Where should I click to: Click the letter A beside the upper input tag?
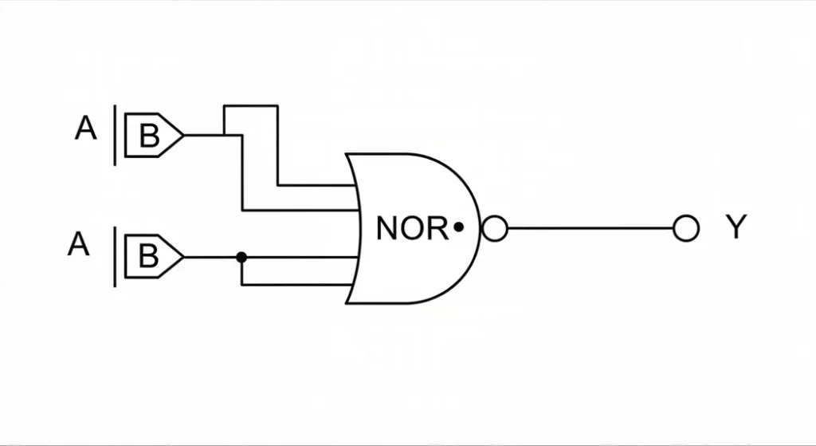tap(86, 128)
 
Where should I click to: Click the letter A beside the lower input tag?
tap(79, 245)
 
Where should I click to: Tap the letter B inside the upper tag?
tap(149, 136)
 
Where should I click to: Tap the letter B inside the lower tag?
tap(149, 257)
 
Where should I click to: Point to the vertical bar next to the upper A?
tap(116, 135)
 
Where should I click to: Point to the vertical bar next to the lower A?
tap(116, 256)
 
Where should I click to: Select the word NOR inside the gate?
tap(411, 229)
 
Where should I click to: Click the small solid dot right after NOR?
tap(458, 228)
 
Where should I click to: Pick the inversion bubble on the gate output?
tap(495, 229)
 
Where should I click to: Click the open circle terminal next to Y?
tap(685, 228)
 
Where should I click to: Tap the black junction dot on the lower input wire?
tap(241, 257)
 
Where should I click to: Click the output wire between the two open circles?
tap(590, 229)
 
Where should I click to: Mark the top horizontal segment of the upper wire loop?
tap(251, 105)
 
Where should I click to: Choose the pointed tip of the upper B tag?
tap(182, 135)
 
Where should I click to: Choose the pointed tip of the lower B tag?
tap(182, 257)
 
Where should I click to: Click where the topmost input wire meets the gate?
tap(352, 184)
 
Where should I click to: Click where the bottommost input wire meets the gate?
tap(355, 283)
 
